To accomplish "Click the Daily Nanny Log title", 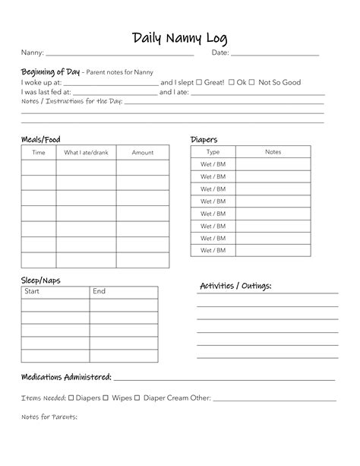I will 179,38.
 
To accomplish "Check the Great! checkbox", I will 199,82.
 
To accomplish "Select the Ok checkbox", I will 231,82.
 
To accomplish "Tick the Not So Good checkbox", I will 253,82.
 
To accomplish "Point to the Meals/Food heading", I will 40,139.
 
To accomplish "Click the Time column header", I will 38,153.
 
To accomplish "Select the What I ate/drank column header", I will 86,153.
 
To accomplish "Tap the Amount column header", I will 143,153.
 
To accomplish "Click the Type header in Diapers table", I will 213,152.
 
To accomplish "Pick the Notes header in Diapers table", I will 273,152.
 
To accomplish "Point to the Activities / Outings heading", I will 235,286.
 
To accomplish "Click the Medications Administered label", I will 66,377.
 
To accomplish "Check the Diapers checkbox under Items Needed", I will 71,398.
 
